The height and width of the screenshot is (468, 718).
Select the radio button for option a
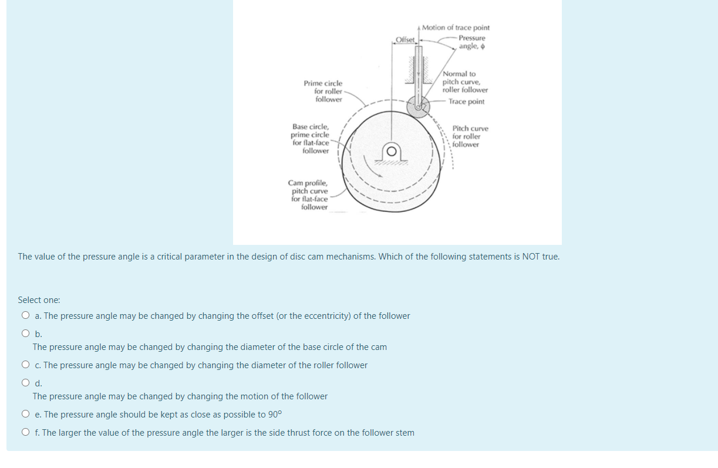point(25,316)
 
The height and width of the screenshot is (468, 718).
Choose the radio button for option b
point(25,334)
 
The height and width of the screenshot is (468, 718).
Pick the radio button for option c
point(25,365)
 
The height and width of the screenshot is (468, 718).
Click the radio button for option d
point(25,383)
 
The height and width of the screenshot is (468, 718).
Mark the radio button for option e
point(25,415)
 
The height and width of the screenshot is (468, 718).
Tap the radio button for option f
point(25,433)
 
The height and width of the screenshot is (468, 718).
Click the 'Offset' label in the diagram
point(405,40)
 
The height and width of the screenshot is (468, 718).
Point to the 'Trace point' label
point(466,102)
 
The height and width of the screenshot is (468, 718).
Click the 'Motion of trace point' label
point(456,28)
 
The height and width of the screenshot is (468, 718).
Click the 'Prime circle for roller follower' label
point(323,92)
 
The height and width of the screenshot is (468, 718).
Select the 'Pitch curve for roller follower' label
point(470,136)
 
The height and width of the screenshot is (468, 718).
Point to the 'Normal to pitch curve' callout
point(464,82)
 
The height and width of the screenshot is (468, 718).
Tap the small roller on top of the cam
point(419,106)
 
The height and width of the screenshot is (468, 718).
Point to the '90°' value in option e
point(275,415)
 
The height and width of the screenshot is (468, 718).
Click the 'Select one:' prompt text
point(39,300)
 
